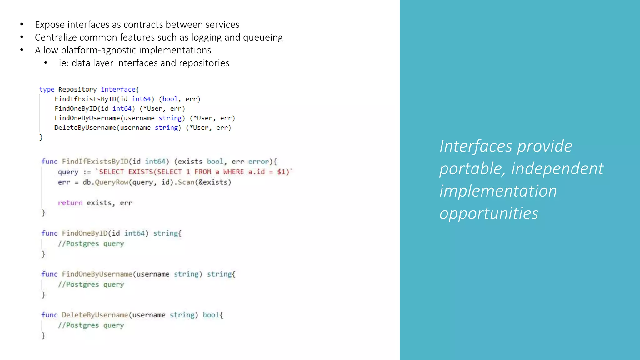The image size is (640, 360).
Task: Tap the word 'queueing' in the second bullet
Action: pyautogui.click(x=263, y=37)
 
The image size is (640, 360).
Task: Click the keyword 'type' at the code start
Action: pyautogui.click(x=47, y=90)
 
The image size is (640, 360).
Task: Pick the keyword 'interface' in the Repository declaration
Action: pyautogui.click(x=118, y=90)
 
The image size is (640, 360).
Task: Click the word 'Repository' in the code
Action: pyautogui.click(x=77, y=90)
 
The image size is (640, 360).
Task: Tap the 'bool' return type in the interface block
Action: pyautogui.click(x=170, y=99)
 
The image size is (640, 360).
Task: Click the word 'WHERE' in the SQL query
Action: pyautogui.click(x=233, y=172)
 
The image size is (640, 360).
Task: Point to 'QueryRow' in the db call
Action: pyautogui.click(x=112, y=182)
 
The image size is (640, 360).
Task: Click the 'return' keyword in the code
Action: pyautogui.click(x=70, y=203)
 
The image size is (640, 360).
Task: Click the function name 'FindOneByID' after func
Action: pyautogui.click(x=85, y=233)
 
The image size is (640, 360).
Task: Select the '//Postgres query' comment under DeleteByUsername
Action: pyautogui.click(x=91, y=326)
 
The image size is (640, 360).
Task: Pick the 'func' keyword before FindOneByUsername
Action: pyautogui.click(x=49, y=274)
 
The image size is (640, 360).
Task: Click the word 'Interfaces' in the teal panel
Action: pyautogui.click(x=476, y=146)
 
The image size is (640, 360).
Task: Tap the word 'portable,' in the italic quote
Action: pyautogui.click(x=472, y=169)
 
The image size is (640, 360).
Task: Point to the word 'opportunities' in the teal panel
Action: pyautogui.click(x=489, y=214)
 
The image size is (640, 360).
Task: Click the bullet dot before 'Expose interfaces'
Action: pyautogui.click(x=22, y=24)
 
